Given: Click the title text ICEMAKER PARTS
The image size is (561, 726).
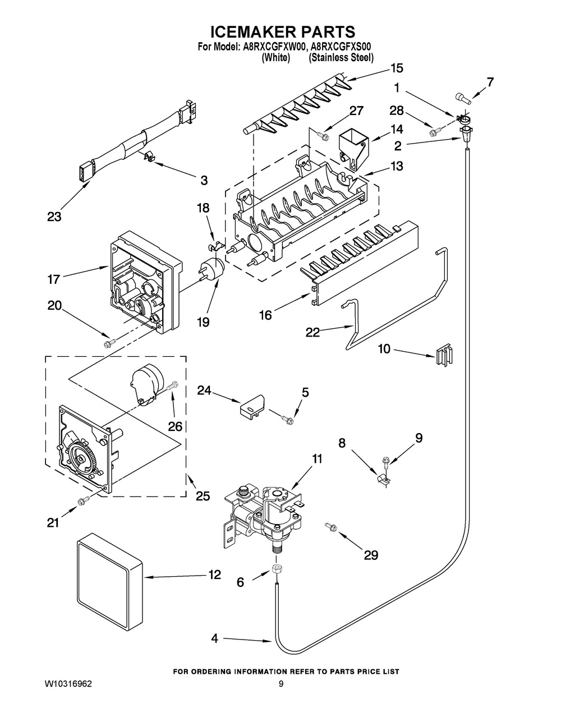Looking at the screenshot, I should tap(282, 31).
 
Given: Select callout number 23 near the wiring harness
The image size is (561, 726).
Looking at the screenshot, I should tap(54, 216).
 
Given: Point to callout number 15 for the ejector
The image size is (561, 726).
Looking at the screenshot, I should tap(397, 68).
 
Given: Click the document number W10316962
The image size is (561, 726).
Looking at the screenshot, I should tap(68, 684).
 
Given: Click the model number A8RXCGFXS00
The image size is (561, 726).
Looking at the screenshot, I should tap(339, 48).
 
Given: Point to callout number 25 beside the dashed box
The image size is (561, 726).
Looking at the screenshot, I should tap(203, 495).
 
